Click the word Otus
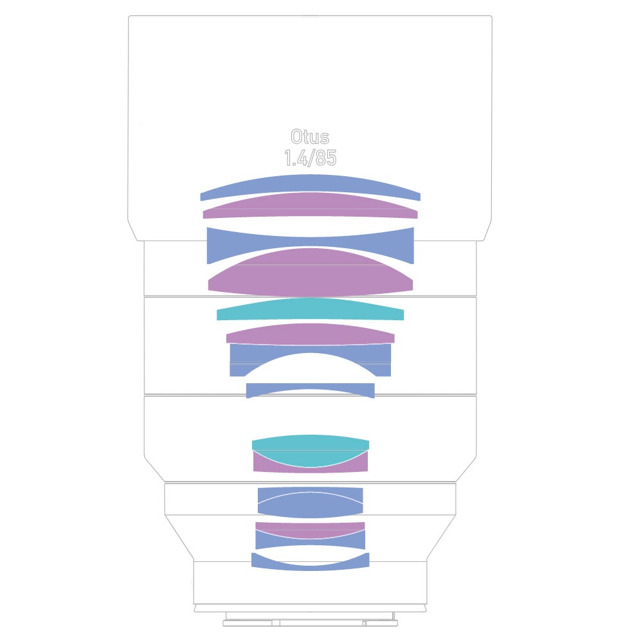(310, 137)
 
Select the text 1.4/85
(311, 158)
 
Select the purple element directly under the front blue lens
(311, 205)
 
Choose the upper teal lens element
(311, 310)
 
